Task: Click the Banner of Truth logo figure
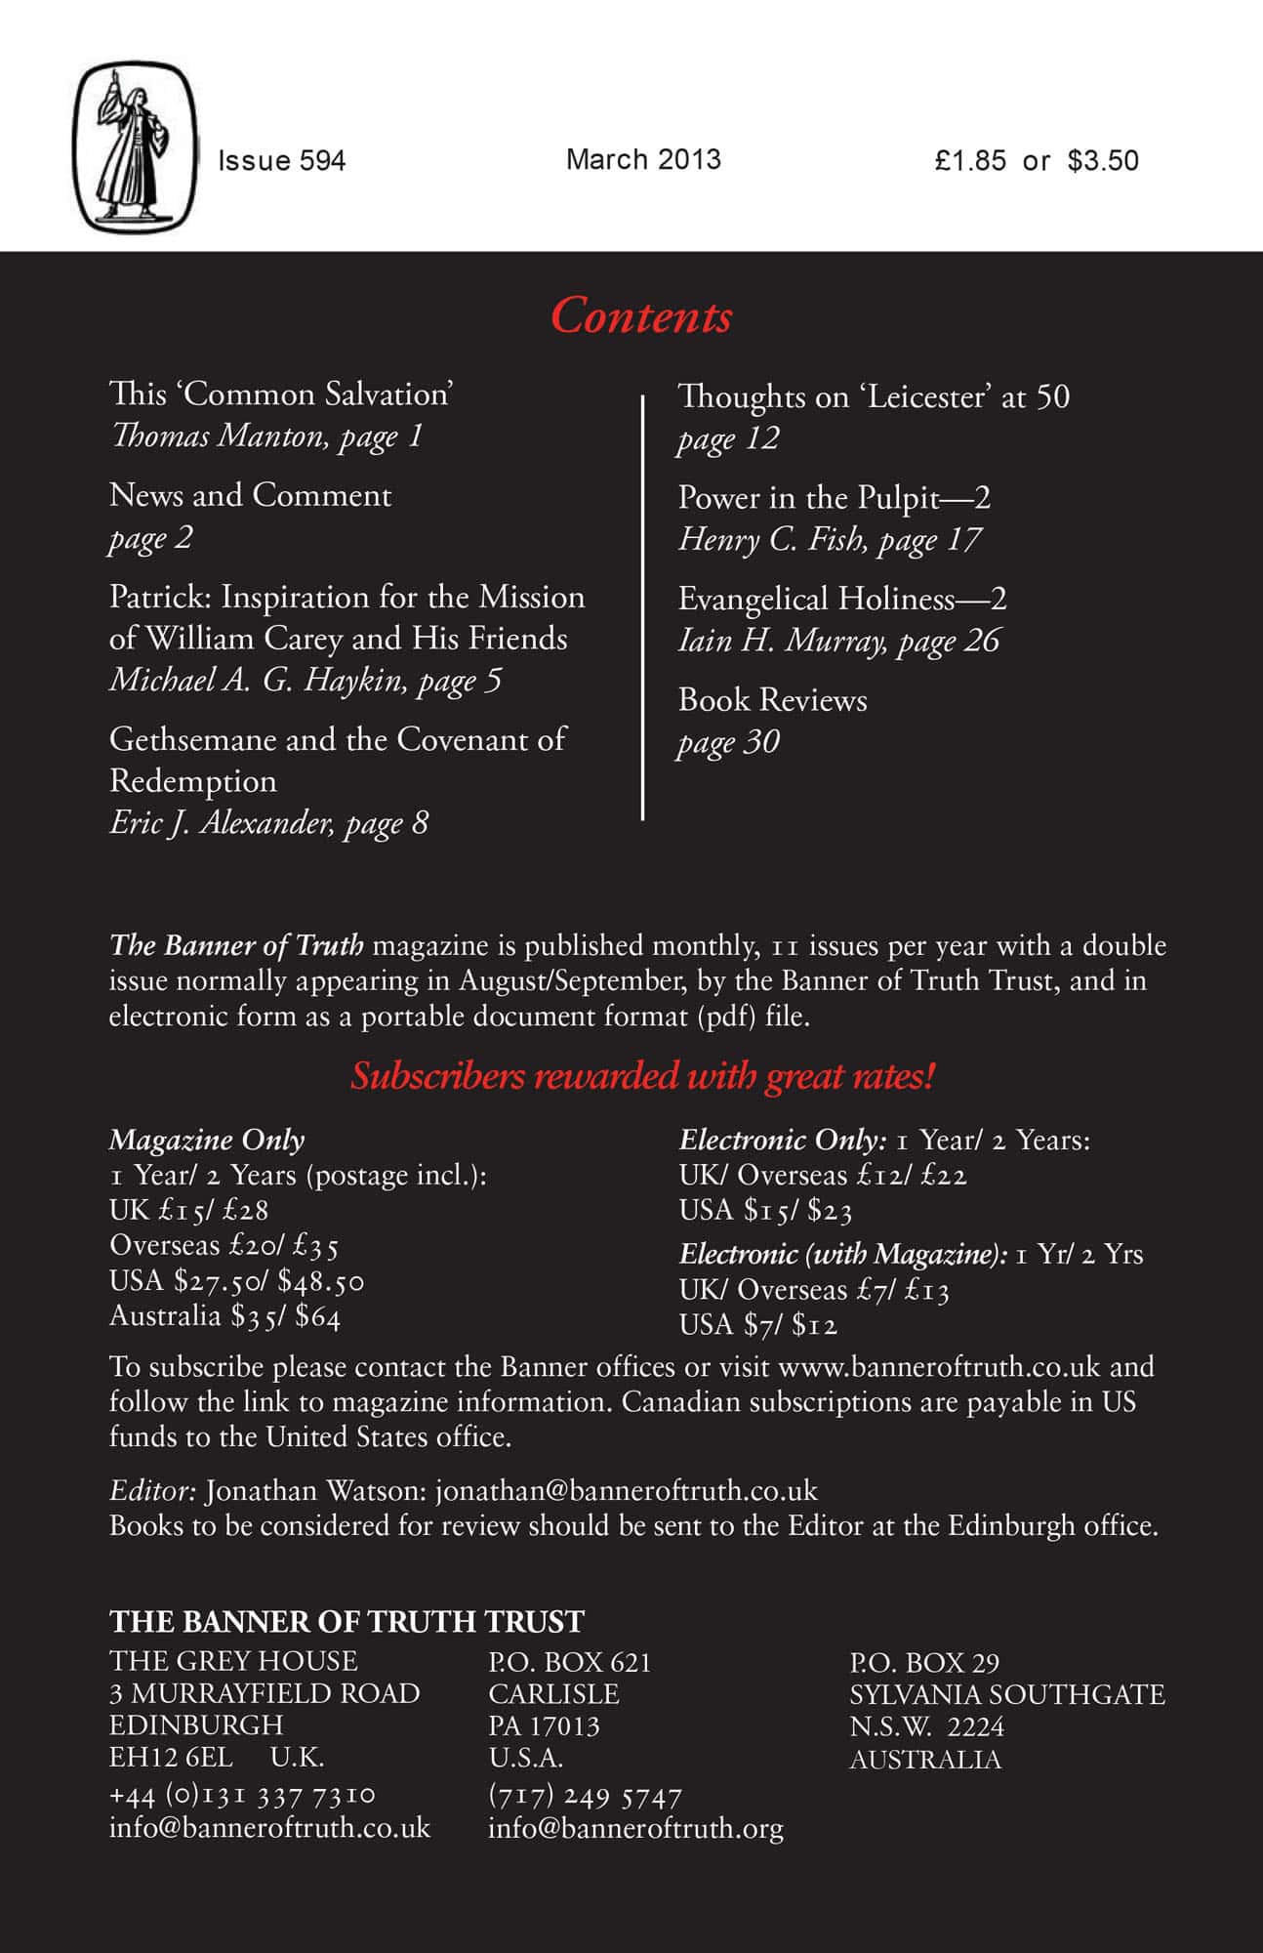pos(136,146)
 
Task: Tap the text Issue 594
pos(282,160)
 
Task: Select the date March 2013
pos(643,159)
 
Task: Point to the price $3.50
pos(1103,160)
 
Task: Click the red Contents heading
pos(641,316)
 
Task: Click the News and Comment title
pos(250,495)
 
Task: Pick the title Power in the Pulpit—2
pos(835,498)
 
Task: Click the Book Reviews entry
pos(772,700)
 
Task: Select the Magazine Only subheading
pos(207,1140)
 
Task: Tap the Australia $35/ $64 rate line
pos(224,1316)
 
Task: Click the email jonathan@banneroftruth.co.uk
pos(626,1491)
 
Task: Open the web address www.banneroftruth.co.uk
pos(939,1366)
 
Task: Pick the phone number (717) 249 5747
pos(585,1795)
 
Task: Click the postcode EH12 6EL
pos(171,1758)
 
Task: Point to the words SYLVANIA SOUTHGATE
pos(1006,1694)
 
